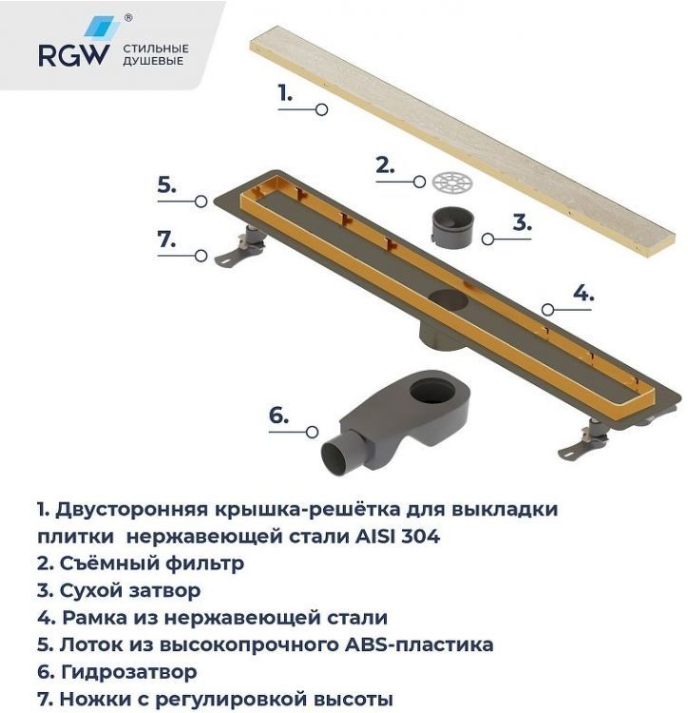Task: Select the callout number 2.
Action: [384, 164]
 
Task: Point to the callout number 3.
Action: [521, 222]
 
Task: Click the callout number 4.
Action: [583, 293]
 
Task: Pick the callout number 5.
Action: [167, 184]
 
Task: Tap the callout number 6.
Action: [277, 414]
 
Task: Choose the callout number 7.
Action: [167, 240]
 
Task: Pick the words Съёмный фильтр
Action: [150, 563]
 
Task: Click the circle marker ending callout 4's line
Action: [546, 309]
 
